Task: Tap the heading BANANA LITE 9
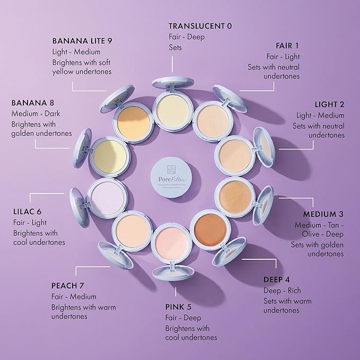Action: [x=82, y=40]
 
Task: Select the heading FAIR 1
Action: [x=287, y=45]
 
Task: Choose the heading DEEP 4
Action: [x=276, y=279]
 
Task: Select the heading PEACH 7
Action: [x=68, y=285]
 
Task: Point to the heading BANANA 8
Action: [x=33, y=102]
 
